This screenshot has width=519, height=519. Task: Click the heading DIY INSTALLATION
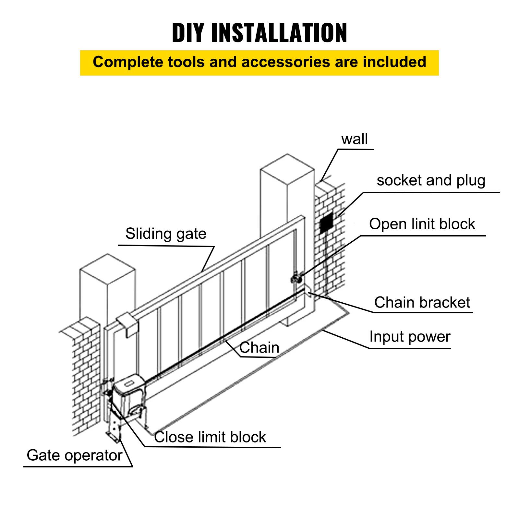(259, 33)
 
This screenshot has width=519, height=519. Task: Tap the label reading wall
(354, 139)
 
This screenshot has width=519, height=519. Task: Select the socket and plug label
(431, 180)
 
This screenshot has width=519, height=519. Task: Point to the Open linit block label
(422, 224)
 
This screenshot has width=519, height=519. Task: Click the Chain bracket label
(422, 303)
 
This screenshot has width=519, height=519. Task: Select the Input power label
(410, 337)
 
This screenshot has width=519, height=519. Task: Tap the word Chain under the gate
(259, 348)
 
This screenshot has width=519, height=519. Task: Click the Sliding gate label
(166, 234)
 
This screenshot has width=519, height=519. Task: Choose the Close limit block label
(210, 437)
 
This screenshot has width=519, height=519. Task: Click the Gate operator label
(74, 455)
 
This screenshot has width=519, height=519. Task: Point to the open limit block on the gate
(296, 278)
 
